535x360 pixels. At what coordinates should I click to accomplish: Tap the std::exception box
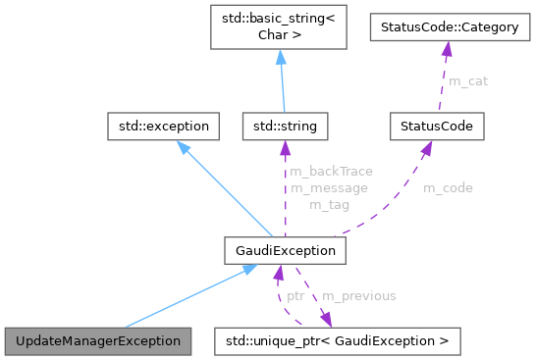[x=163, y=126]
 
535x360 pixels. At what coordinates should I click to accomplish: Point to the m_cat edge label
[x=468, y=80]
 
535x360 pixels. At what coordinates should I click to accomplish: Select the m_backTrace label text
[x=331, y=171]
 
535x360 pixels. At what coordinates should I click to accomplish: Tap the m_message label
[x=329, y=187]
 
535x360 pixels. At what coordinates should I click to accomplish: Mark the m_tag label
[x=328, y=204]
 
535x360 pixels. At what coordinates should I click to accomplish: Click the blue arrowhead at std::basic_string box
[x=280, y=59]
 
